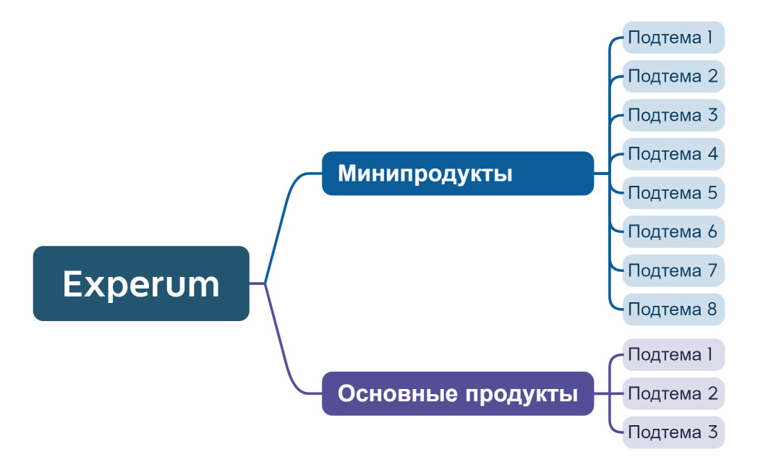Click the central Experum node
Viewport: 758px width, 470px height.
pyautogui.click(x=141, y=283)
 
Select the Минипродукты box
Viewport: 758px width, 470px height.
pyautogui.click(x=457, y=174)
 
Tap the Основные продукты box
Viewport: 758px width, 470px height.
pyautogui.click(x=457, y=393)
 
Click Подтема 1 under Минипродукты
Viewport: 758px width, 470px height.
pyautogui.click(x=673, y=38)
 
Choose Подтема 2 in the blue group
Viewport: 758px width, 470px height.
pyautogui.click(x=673, y=76)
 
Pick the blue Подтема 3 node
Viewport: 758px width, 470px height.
pyautogui.click(x=673, y=115)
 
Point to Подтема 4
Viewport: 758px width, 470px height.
pyautogui.click(x=673, y=154)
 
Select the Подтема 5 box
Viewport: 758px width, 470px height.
pyautogui.click(x=673, y=193)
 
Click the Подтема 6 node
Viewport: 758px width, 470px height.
pyautogui.click(x=673, y=232)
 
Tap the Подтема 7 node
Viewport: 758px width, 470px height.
pyautogui.click(x=673, y=270)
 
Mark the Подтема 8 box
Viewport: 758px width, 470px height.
pyautogui.click(x=673, y=309)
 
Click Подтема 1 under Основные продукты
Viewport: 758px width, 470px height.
pyautogui.click(x=673, y=355)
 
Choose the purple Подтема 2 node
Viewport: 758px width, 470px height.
pyautogui.click(x=673, y=393)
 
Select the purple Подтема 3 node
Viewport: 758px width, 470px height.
pyautogui.click(x=673, y=432)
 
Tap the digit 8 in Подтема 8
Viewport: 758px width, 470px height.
pyautogui.click(x=712, y=309)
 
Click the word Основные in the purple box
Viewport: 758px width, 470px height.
pyautogui.click(x=397, y=394)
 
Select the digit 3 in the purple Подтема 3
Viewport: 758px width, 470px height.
pyautogui.click(x=712, y=432)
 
